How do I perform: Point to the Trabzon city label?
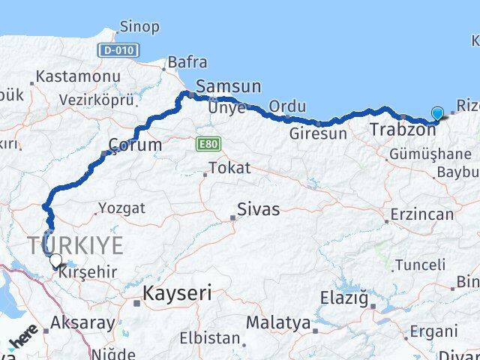point(403,130)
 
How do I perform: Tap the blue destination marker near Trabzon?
point(437,114)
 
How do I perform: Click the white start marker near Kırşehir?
point(55,260)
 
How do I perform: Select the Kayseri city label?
point(178,292)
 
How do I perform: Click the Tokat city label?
point(229,168)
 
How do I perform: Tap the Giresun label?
point(319,133)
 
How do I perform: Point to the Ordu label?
point(288,106)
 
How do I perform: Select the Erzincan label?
point(421,214)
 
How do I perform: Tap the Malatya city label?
point(278,323)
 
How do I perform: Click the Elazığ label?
point(346,300)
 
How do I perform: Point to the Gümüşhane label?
point(430,154)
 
